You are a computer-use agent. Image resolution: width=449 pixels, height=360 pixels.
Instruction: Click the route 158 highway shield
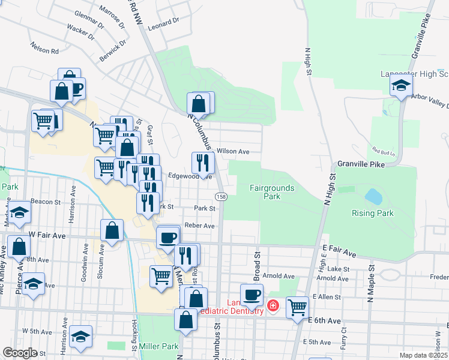point(221,197)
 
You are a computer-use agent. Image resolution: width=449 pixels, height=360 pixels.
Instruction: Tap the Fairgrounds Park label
point(272,192)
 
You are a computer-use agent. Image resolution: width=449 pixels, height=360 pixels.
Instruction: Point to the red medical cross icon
point(273,307)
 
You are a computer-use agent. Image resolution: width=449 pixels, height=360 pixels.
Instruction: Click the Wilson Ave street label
point(233,152)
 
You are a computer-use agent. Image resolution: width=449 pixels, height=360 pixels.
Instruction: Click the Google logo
point(20,353)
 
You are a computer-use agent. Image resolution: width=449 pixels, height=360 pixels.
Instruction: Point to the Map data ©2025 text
point(423,355)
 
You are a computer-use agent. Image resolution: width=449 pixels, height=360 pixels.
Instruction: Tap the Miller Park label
point(158,347)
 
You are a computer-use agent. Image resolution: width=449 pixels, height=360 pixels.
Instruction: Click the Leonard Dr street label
point(163,23)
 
